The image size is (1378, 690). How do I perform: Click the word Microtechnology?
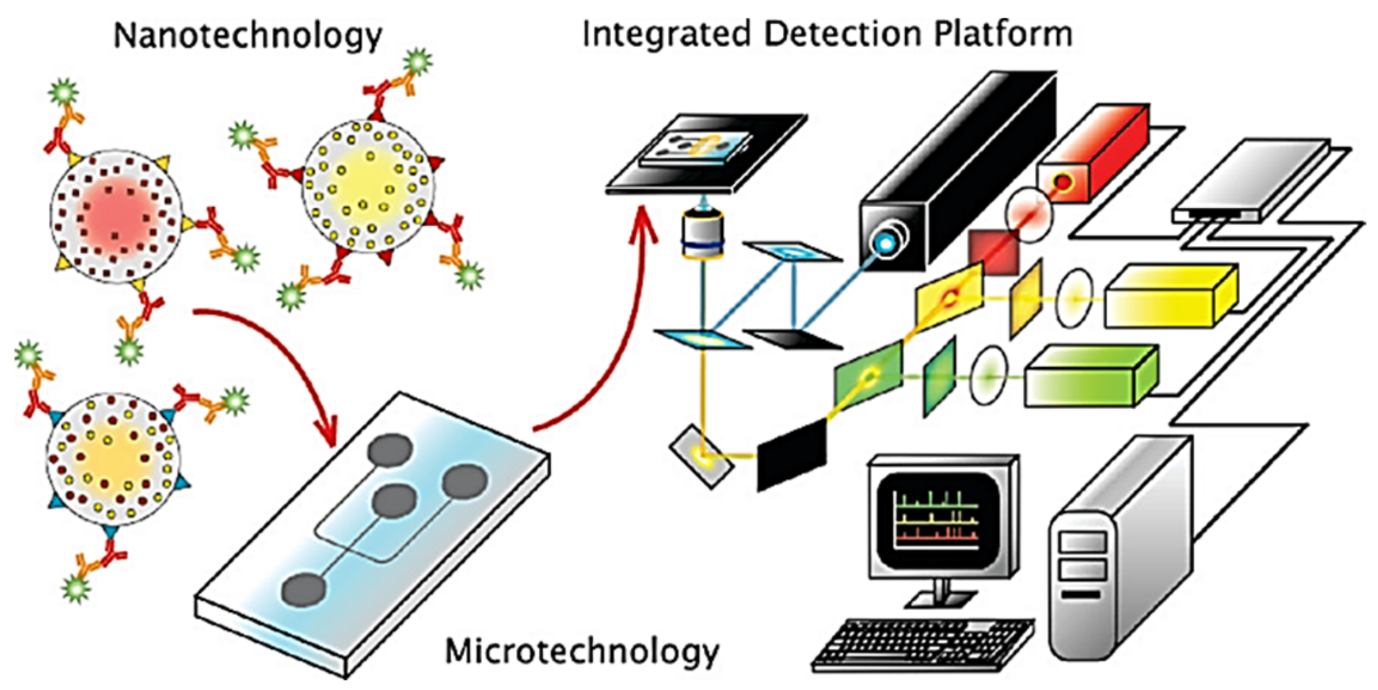(581, 651)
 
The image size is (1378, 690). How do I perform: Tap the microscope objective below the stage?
(703, 235)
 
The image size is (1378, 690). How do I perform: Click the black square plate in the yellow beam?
(791, 456)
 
